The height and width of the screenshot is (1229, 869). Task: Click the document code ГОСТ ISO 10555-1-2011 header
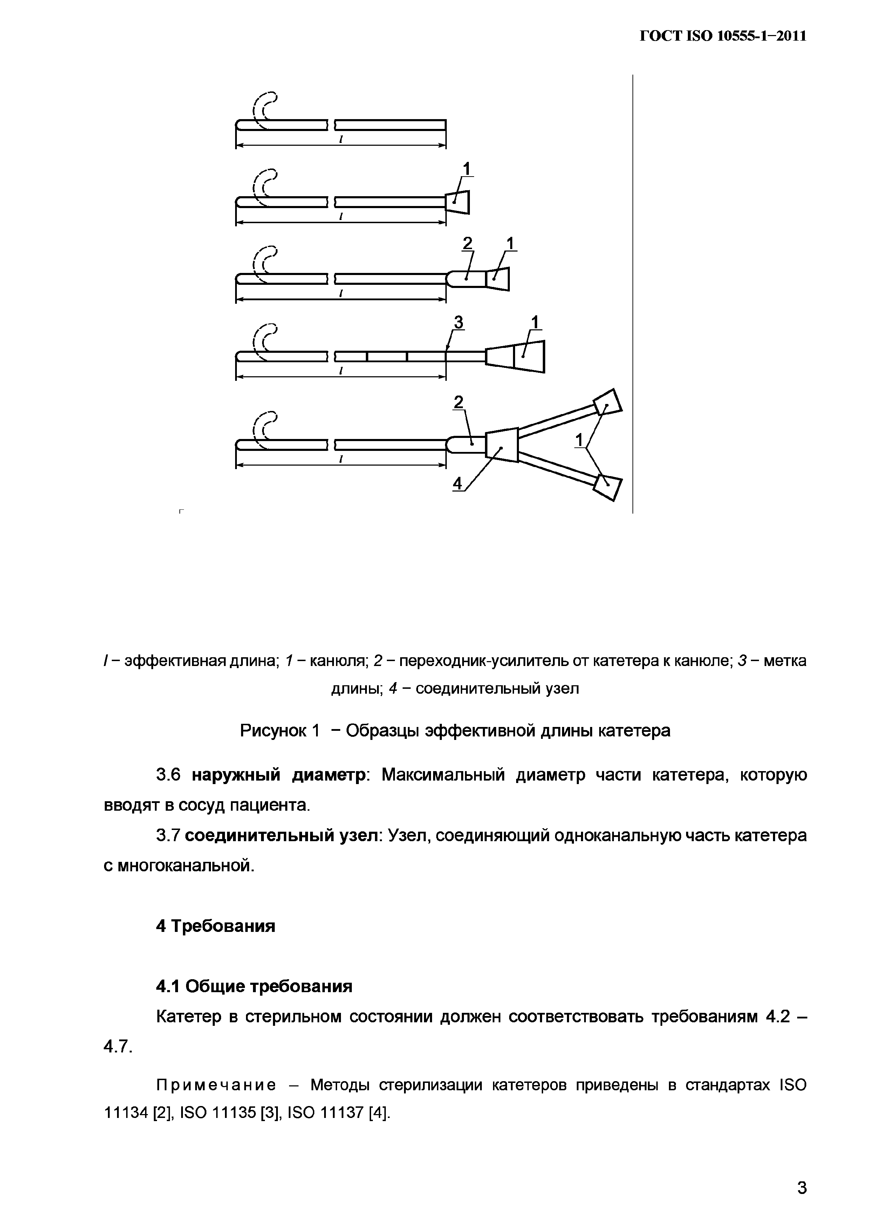tap(723, 36)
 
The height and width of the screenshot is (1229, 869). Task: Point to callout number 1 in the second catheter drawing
tap(466, 169)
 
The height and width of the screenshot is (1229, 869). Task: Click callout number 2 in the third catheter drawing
tap(467, 245)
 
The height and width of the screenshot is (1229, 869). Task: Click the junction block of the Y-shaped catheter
tap(502, 444)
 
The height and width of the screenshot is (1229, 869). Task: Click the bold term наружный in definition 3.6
tap(235, 775)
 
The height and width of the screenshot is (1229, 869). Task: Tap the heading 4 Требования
tap(215, 926)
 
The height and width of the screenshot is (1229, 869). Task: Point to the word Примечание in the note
tap(216, 1085)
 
